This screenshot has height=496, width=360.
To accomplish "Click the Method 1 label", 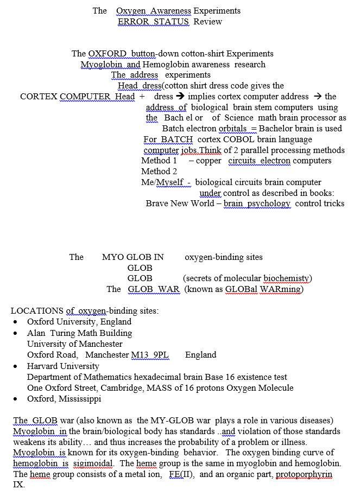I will pyautogui.click(x=159, y=161).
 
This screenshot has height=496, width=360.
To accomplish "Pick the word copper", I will pyautogui.click(x=209, y=161).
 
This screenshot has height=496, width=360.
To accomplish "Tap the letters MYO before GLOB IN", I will pyautogui.click(x=113, y=257).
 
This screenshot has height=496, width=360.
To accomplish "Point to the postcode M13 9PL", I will pyautogui.click(x=150, y=355).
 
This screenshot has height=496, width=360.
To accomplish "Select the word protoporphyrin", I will pyautogui.click(x=303, y=474).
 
